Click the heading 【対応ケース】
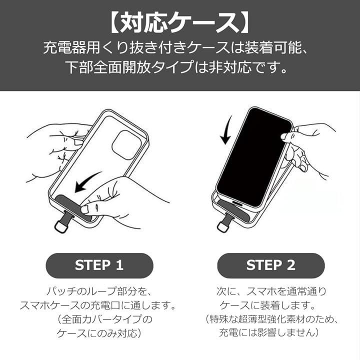(180, 22)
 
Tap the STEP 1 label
(99, 265)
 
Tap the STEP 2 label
(270, 265)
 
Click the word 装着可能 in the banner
(283, 48)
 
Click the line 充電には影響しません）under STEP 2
(271, 332)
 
